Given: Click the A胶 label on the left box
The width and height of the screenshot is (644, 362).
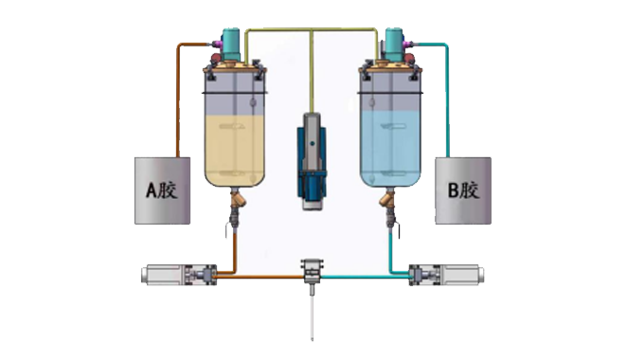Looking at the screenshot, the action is pyautogui.click(x=162, y=190).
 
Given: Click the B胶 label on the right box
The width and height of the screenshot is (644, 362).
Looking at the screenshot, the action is pyautogui.click(x=463, y=190).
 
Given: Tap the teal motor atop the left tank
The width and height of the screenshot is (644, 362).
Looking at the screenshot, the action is pyautogui.click(x=231, y=45).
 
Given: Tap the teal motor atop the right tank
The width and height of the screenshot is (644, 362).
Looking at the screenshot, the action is pyautogui.click(x=393, y=45).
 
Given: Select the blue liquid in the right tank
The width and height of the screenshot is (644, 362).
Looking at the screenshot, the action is pyautogui.click(x=390, y=148).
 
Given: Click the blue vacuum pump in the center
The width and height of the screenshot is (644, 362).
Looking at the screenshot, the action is pyautogui.click(x=312, y=161).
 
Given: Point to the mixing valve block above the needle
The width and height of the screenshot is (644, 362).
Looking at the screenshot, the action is pyautogui.click(x=313, y=271).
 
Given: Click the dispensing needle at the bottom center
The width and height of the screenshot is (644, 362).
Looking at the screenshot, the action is pyautogui.click(x=313, y=314).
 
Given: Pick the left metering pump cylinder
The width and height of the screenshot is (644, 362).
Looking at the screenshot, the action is pyautogui.click(x=179, y=275).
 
